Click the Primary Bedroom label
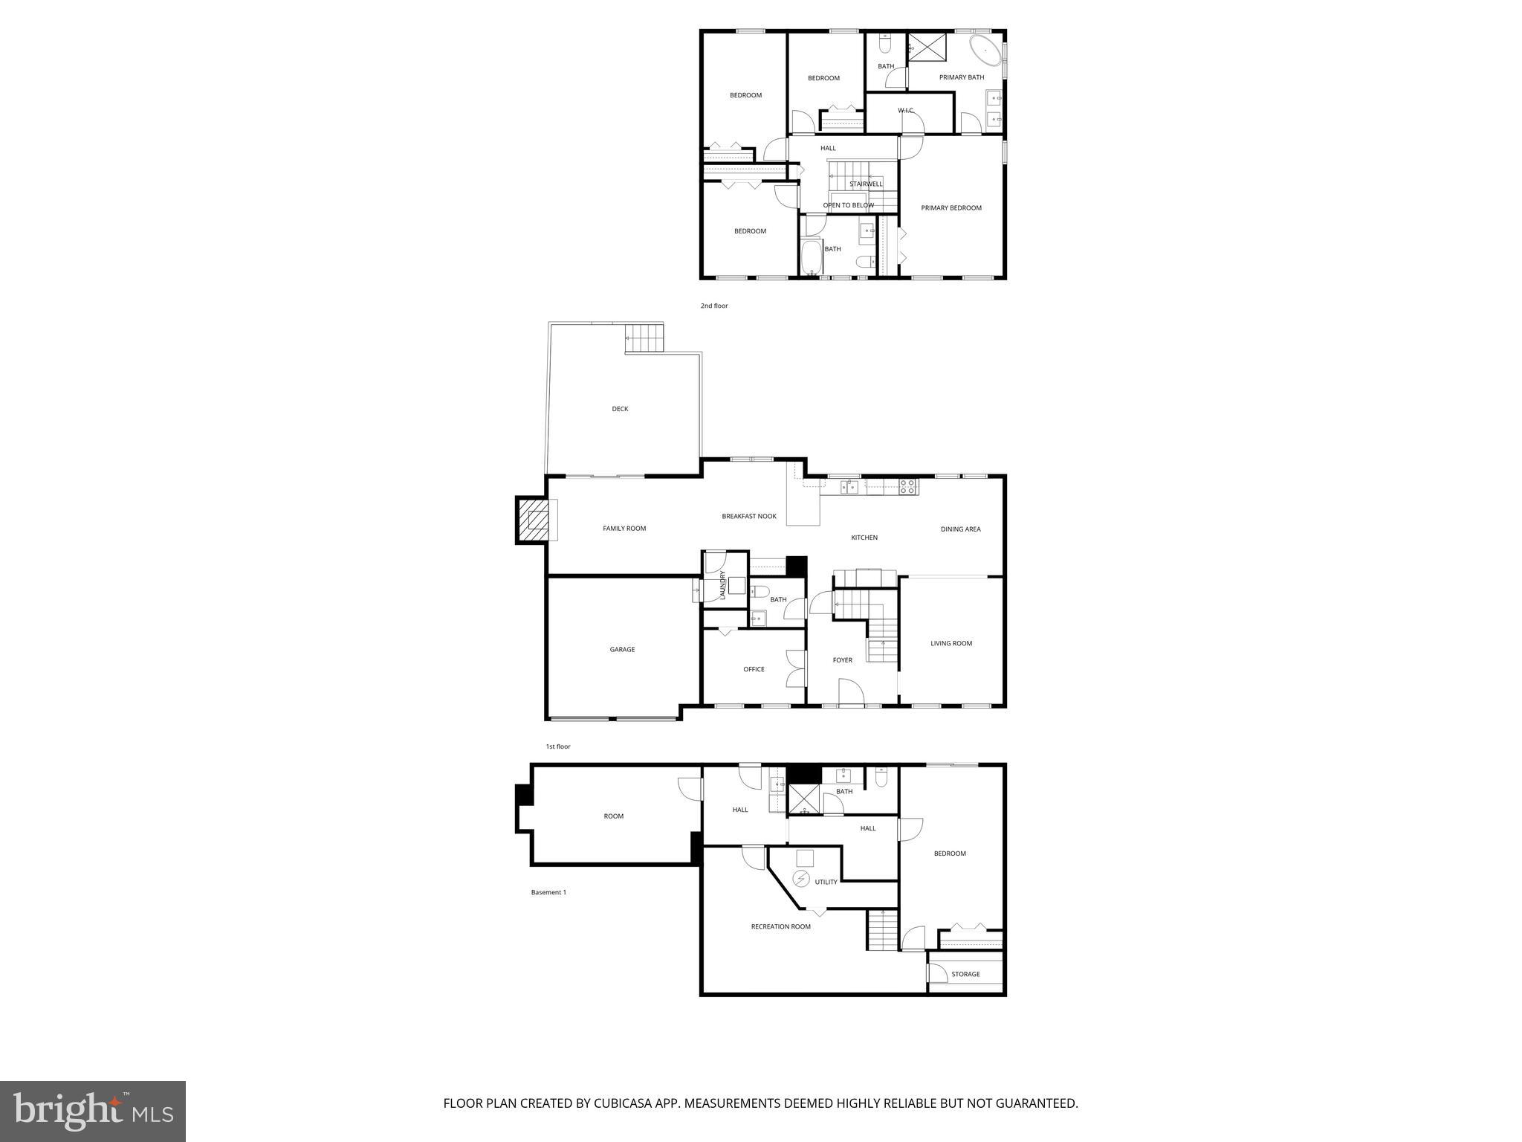[x=951, y=208]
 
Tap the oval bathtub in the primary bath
[x=985, y=51]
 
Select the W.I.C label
[x=905, y=111]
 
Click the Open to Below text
[x=848, y=205]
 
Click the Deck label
[x=620, y=409]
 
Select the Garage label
[x=622, y=650]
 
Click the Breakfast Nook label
[x=748, y=516]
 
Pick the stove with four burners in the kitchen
[x=908, y=487]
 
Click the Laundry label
[x=722, y=585]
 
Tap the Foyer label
[x=842, y=660]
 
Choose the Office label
[x=754, y=669]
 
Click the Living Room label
[x=951, y=644]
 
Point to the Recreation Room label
[x=780, y=926]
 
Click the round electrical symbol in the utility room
[x=801, y=880]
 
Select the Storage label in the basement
[x=965, y=974]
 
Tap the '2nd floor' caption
[x=713, y=306]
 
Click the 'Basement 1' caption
[x=548, y=892]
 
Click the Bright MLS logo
[x=93, y=1111]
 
